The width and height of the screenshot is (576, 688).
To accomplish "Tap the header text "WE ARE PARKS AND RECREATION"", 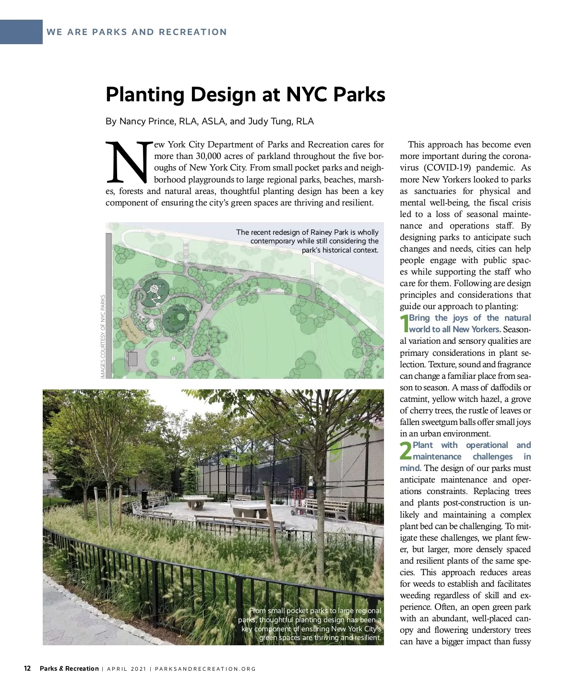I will coord(137,32).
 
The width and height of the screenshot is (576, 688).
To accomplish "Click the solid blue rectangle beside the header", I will coord(21,32).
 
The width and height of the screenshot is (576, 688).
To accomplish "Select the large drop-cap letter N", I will coord(128,162).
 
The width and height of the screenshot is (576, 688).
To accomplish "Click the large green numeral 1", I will coord(404,324).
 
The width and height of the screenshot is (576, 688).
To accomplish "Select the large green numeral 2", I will coord(406,451).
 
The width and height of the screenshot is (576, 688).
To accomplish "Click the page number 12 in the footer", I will coord(27,668).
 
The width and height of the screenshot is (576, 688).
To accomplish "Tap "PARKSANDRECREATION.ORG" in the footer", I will coord(205,669).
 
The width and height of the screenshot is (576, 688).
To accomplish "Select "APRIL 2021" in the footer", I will coord(126,669).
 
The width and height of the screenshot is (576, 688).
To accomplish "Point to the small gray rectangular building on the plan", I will coord(132,359).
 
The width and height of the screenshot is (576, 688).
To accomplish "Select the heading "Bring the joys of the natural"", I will coord(470,318).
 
